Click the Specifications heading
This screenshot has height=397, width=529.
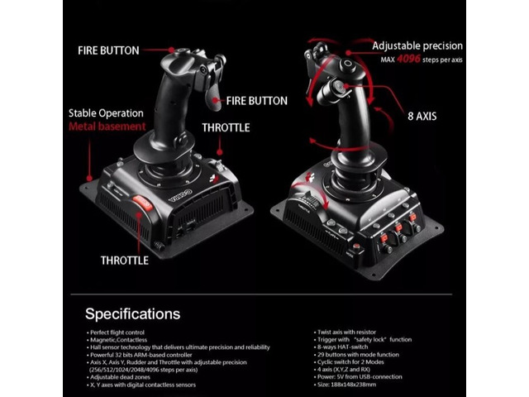coord(132,313)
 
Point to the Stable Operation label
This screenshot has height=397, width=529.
coord(106,112)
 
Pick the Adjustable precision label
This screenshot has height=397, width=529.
coord(417,45)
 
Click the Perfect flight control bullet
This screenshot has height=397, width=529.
coord(125,332)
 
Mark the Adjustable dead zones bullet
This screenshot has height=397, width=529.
coord(124,376)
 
